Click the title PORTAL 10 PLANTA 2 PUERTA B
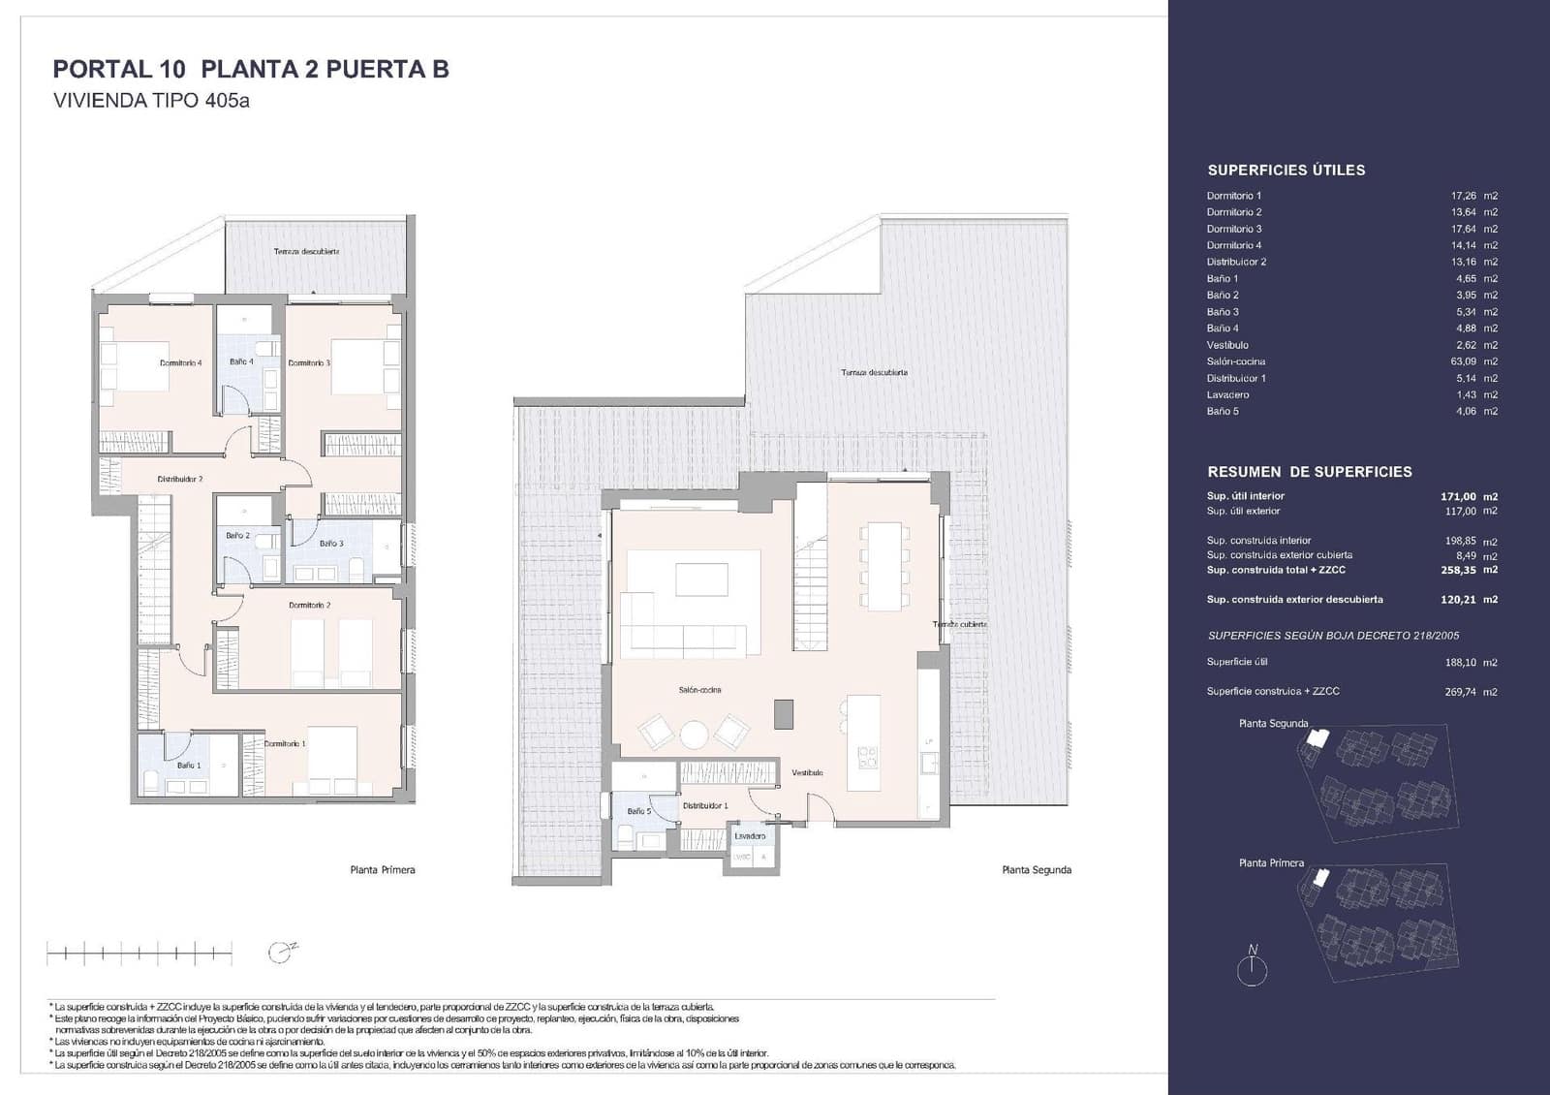point(251,70)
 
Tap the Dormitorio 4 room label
point(180,363)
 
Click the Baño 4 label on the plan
point(241,361)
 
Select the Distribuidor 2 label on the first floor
point(180,479)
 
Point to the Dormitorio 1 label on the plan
point(285,743)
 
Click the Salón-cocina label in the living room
point(699,690)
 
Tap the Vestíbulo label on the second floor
point(807,772)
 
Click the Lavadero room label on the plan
point(750,835)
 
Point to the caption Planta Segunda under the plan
point(1037,870)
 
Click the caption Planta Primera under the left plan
point(383,870)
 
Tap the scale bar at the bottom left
point(139,954)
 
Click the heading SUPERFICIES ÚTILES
point(1286,171)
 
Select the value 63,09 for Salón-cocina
point(1463,361)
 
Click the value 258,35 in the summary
point(1458,570)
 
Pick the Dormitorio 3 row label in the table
point(1233,229)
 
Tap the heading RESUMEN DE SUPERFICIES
point(1309,472)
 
